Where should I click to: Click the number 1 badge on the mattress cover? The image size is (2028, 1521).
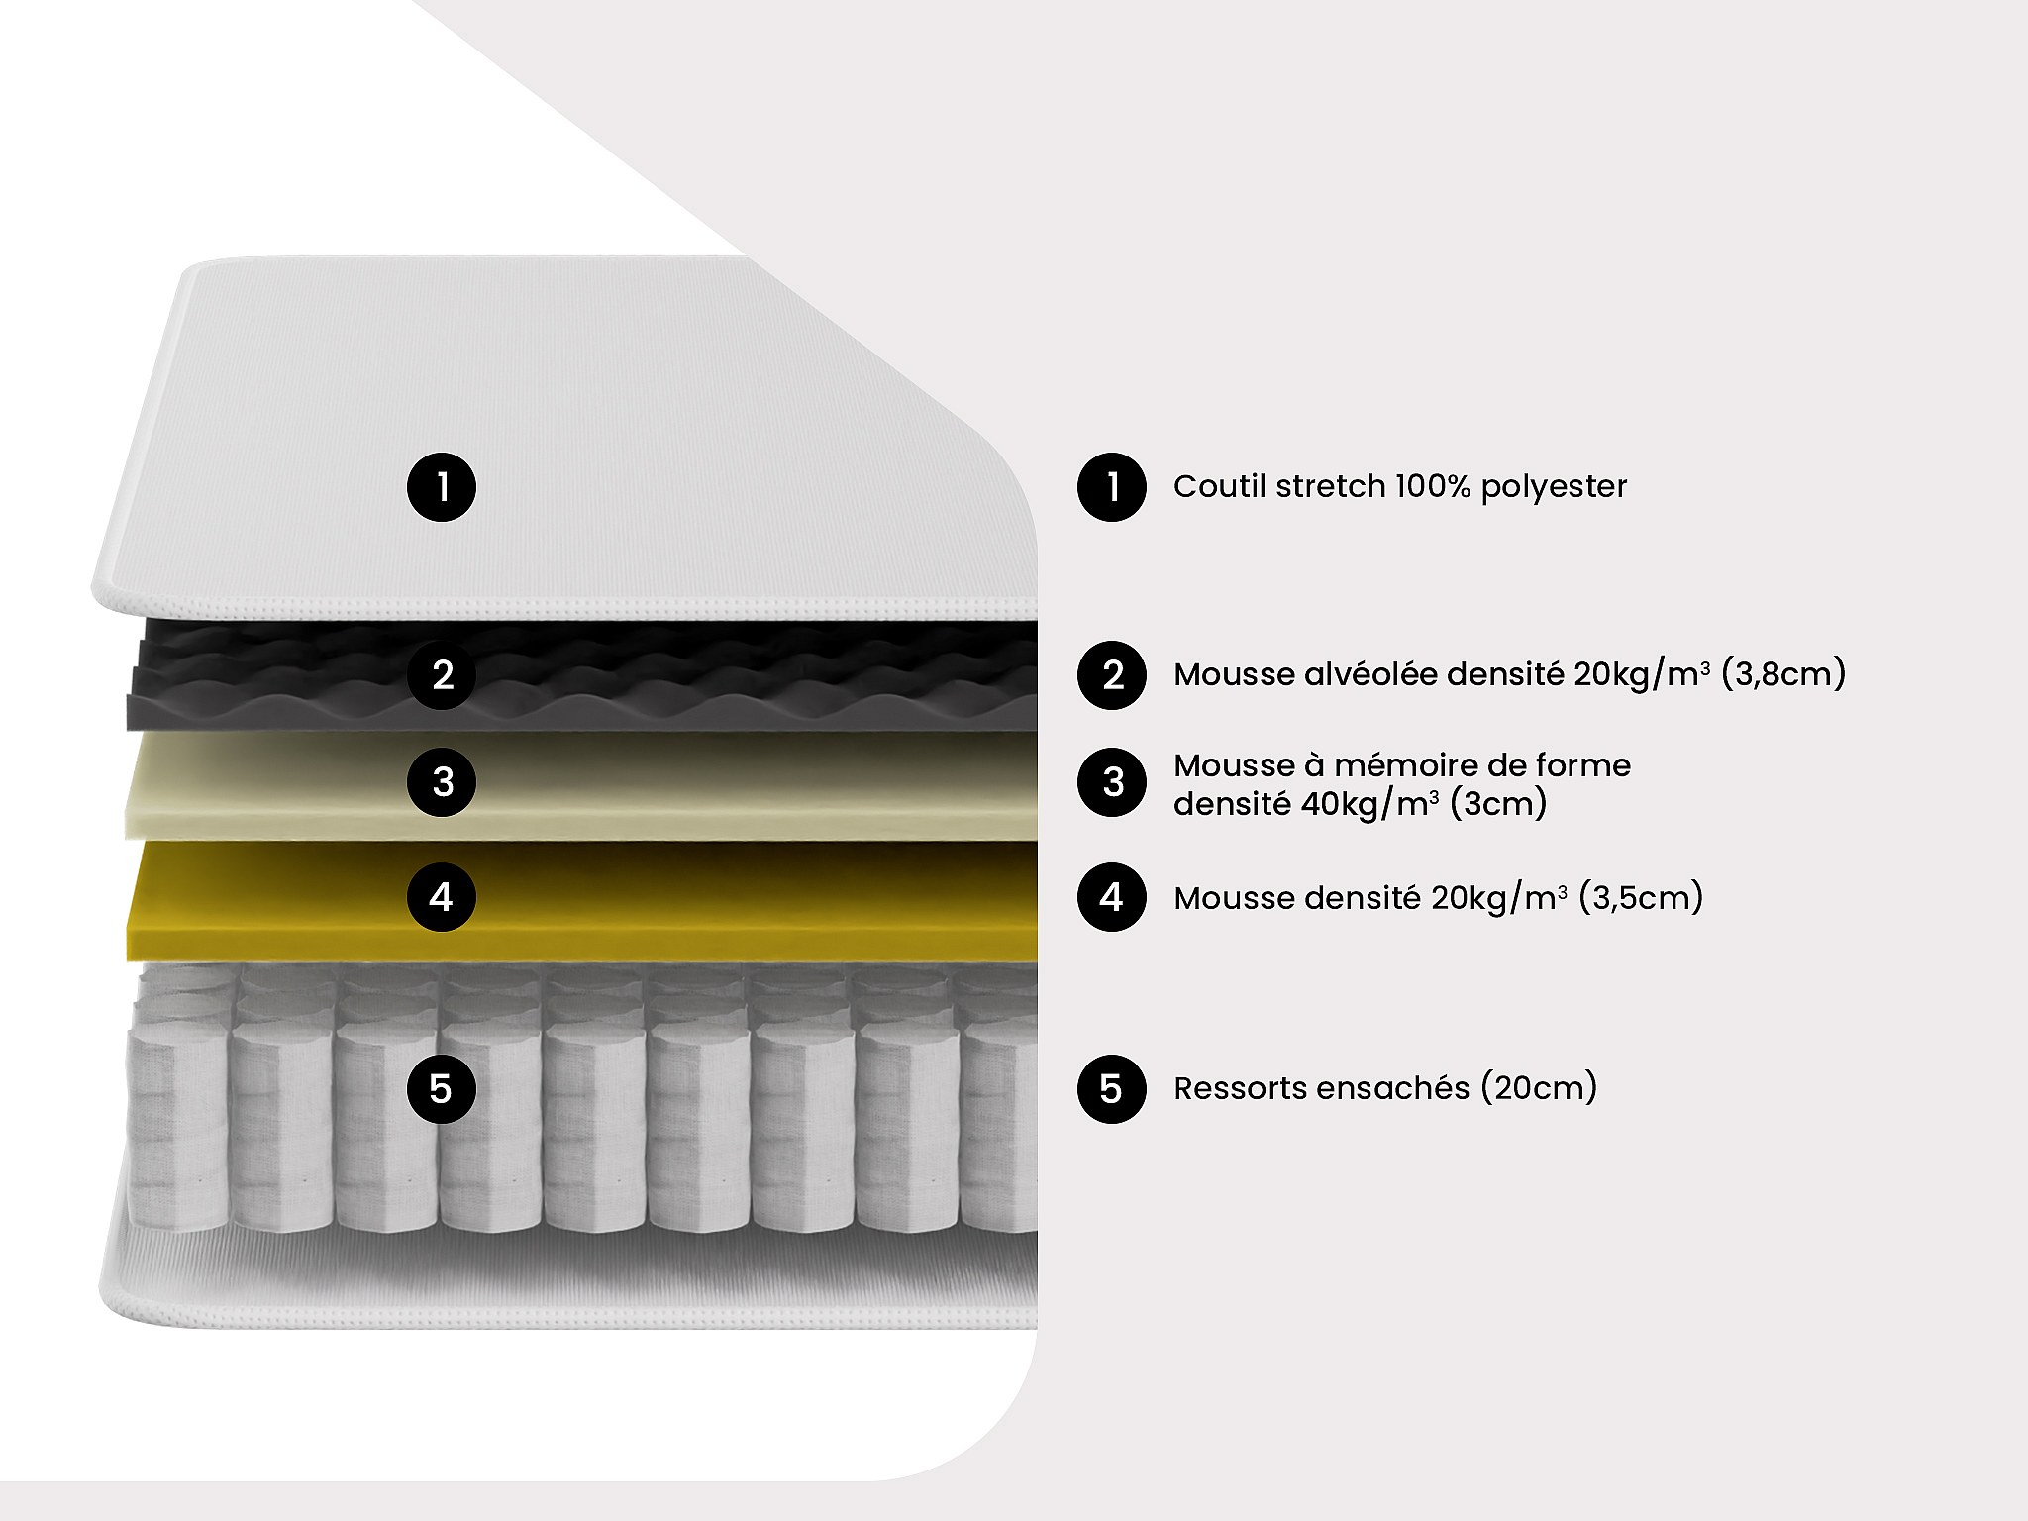(442, 487)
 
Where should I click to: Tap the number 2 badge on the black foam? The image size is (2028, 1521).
(442, 675)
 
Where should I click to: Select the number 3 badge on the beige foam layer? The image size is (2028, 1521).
(442, 782)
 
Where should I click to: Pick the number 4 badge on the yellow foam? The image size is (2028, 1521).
(442, 897)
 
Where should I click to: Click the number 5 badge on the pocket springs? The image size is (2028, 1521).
(442, 1089)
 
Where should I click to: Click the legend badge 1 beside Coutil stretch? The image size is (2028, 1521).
(1112, 487)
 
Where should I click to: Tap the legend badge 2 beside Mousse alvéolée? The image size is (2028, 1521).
(1112, 675)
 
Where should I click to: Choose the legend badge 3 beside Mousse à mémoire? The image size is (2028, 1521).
(1112, 782)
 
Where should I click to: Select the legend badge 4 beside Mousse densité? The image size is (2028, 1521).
(1112, 897)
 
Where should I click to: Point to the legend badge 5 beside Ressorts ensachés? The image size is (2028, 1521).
(1112, 1089)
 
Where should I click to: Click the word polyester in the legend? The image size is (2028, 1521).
(1554, 487)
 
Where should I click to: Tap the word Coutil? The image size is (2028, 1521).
(1220, 486)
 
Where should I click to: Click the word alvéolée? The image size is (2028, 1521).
(1372, 674)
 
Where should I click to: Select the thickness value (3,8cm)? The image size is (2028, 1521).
(1783, 674)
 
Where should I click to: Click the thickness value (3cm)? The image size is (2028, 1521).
(1497, 803)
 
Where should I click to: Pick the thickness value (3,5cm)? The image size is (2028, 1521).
(1641, 898)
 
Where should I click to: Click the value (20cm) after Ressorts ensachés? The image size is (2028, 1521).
(1539, 1088)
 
